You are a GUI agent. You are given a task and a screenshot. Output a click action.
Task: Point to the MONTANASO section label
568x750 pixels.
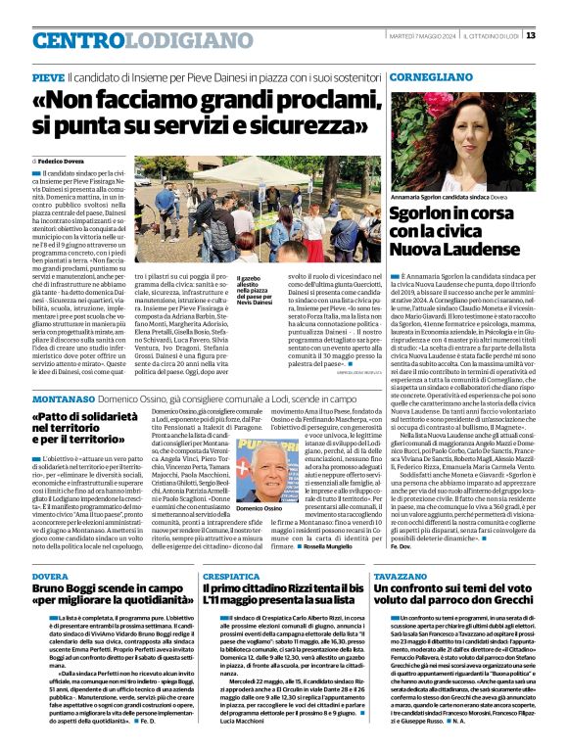coord(60,373)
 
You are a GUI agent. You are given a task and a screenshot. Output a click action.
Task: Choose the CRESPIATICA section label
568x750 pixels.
coord(231,579)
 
